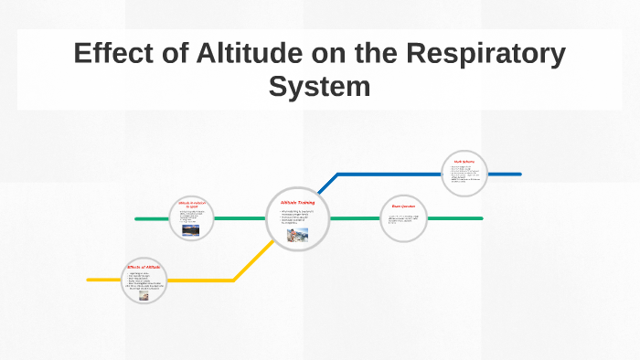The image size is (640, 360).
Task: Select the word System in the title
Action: click(319, 87)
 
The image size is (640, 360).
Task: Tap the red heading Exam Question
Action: click(403, 206)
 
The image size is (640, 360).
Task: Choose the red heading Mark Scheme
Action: click(464, 162)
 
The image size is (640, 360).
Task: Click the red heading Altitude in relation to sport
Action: click(193, 205)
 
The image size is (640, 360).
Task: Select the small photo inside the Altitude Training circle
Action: click(297, 234)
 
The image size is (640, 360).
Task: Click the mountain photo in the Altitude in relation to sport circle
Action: click(191, 230)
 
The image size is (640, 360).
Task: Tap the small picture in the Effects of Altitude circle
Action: click(144, 295)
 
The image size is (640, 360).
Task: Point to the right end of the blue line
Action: click(519, 174)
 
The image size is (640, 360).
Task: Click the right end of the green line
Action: click(481, 218)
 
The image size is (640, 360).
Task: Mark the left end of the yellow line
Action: click(89, 280)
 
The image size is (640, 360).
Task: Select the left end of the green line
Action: click(136, 219)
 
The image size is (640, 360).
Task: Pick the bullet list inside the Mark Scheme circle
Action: click(464, 175)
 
